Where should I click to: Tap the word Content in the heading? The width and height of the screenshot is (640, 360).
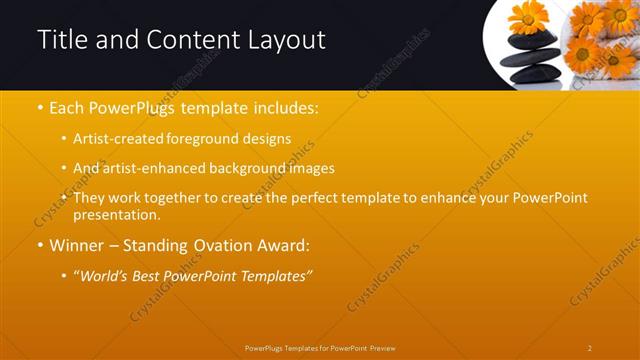190,40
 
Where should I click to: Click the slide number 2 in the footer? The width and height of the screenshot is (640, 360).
589,348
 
